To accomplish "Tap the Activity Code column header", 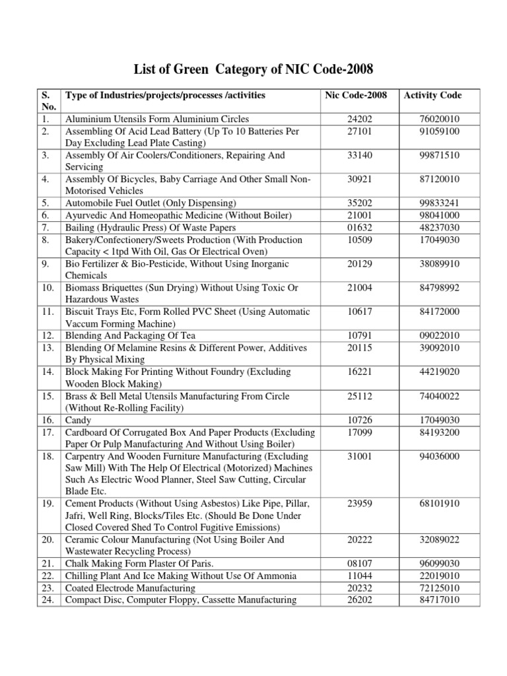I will coord(432,96).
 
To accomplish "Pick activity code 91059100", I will coord(432,131).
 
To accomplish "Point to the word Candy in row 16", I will coord(78,420).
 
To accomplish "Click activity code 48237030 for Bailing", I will coord(432,227).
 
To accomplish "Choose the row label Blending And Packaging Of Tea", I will coord(129,336).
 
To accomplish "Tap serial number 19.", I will coord(47,504).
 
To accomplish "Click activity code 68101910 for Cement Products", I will coord(432,504).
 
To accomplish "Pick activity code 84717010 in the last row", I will coord(432,599).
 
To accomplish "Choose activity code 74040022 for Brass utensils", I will coord(432,396).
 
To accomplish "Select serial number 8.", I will coord(45,239).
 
